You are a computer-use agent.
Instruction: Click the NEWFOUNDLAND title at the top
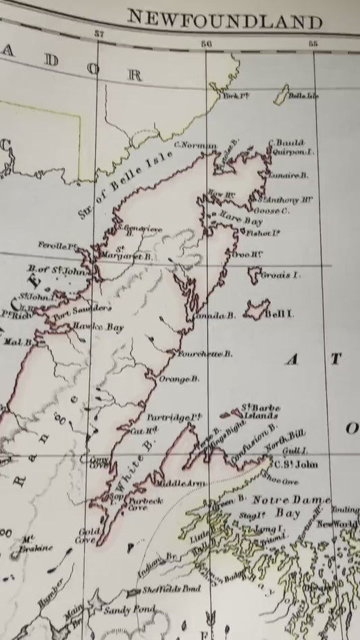pos(224,21)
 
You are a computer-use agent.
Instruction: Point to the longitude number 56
pos(207,43)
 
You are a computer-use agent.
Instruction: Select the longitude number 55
pos(313,45)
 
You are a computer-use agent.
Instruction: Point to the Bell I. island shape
pos(255,310)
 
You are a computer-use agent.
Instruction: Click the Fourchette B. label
pos(205,354)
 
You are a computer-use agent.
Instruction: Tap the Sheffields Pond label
pos(172,589)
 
